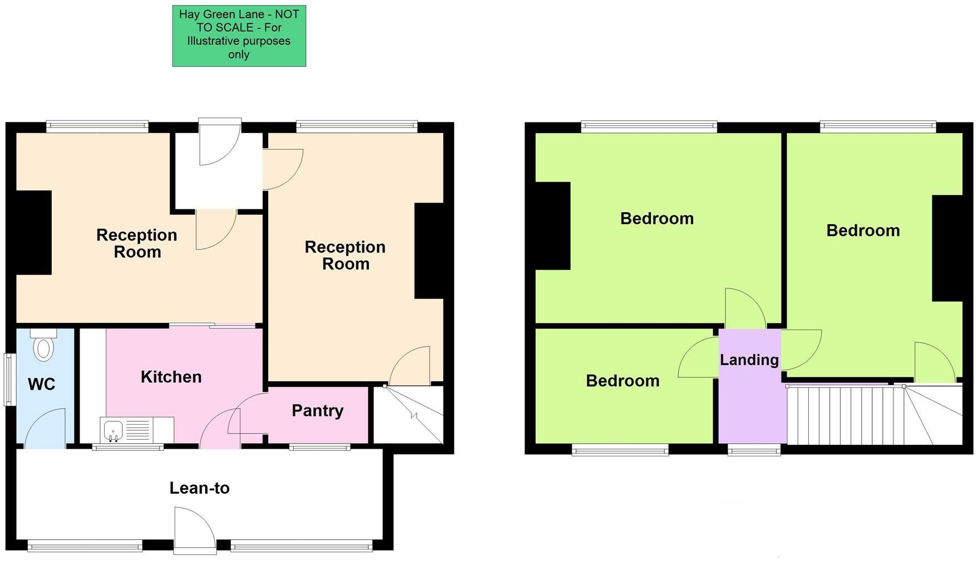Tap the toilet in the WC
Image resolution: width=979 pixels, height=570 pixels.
coord(43,346)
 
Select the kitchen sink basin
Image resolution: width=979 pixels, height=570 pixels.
coord(113,430)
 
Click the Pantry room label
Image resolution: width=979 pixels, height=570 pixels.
coord(318,411)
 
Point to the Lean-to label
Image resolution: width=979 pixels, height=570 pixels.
coord(199,488)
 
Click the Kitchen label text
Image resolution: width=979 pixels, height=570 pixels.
coord(171,377)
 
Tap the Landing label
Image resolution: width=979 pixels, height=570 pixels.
coord(749,360)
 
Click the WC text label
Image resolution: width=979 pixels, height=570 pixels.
coord(41,384)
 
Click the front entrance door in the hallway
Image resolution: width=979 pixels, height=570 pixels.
coord(220,142)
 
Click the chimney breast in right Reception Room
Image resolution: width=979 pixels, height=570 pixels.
coord(429,250)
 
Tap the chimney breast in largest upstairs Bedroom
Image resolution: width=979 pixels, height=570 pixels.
coord(552,226)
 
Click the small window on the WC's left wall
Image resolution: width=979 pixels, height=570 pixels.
coord(9,379)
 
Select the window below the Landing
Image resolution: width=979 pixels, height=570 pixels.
coord(754,450)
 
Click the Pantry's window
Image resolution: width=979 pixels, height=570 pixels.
coord(319,446)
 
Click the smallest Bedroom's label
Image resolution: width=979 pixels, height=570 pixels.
coord(622,381)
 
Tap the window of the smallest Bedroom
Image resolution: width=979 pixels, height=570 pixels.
coord(620,450)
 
